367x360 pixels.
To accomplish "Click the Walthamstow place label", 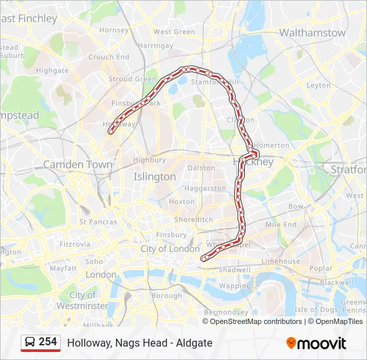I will (312, 33).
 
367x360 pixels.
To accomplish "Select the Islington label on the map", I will (155, 177).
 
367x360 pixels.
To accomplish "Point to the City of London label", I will (170, 249).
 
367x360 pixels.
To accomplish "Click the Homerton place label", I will (272, 145).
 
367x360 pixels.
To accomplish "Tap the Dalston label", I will (201, 168).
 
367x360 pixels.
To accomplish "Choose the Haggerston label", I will (205, 189).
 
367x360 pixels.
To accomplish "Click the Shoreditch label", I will (194, 219).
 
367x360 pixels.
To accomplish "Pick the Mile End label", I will (281, 225).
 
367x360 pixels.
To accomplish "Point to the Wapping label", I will (235, 285).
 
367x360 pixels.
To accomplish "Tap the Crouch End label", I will (109, 57).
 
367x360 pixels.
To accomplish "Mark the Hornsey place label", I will (113, 30).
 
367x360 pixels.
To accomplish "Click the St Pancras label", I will (98, 221).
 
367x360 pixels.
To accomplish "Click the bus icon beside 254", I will (30, 343).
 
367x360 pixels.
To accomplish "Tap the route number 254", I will (48, 342).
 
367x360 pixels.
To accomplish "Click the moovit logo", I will (316, 343).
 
